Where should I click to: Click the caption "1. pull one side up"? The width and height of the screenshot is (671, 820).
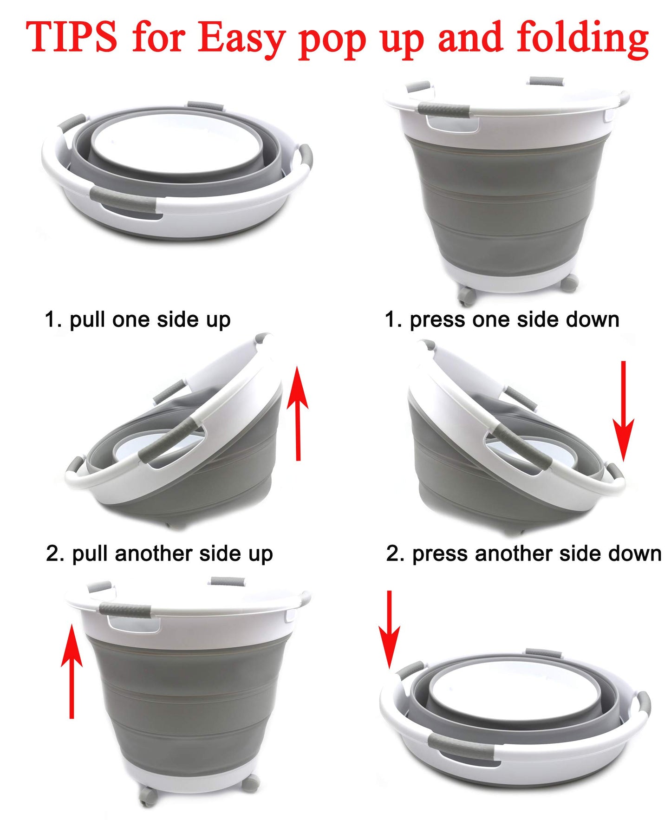tap(137, 320)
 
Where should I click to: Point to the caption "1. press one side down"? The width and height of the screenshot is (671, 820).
tap(502, 320)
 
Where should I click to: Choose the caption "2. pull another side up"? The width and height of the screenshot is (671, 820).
tap(159, 554)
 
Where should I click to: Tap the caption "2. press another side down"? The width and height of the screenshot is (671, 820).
tap(524, 554)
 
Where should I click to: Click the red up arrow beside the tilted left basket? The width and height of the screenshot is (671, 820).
tap(298, 412)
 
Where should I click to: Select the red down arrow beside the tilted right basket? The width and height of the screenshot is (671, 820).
tap(623, 412)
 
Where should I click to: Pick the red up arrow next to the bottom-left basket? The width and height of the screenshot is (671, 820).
tap(72, 671)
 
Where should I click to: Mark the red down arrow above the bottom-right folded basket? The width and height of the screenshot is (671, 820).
tap(389, 629)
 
